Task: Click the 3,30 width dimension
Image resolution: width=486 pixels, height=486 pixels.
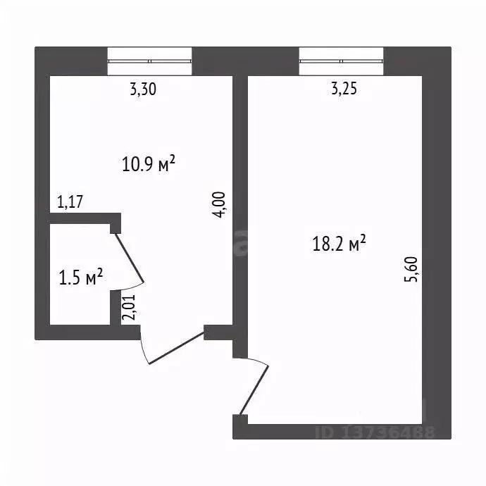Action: pos(143,89)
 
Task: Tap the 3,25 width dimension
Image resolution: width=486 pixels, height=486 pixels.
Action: pos(344,89)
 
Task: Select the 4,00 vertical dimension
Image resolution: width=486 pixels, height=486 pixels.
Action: pos(220,205)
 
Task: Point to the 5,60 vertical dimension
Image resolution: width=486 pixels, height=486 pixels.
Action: pos(411,269)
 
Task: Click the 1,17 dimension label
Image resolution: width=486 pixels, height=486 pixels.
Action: pos(70,201)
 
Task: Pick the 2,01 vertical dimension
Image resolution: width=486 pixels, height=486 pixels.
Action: pos(129,307)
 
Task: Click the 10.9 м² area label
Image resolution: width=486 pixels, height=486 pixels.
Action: pos(149,163)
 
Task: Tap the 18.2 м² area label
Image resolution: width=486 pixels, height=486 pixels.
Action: pos(339,243)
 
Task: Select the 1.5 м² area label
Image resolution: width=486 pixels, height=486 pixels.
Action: pos(80,277)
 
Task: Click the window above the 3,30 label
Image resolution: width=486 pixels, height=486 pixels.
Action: pos(150,61)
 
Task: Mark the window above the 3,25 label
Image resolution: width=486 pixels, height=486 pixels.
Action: pos(341,61)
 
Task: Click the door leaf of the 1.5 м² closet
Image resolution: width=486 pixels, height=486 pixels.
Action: pos(130,258)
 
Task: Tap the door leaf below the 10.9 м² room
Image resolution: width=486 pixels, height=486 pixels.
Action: pos(176,348)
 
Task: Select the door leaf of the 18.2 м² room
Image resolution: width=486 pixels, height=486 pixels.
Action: pos(254,390)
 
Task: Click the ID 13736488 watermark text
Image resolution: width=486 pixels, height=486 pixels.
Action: pos(375,432)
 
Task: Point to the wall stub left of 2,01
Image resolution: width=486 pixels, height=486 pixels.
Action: pos(116,308)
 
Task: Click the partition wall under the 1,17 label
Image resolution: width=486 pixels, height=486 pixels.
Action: pos(85,218)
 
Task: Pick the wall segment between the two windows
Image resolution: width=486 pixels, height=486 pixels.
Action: pos(246,61)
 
